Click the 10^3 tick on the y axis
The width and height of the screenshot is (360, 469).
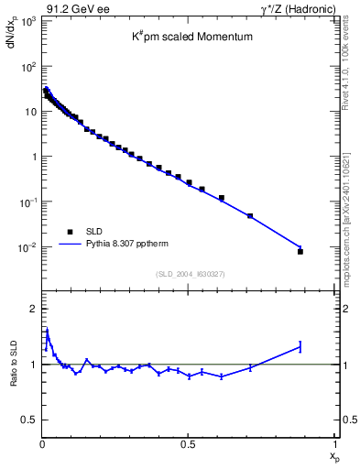click(x=27, y=21)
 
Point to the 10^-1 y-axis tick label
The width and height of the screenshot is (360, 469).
click(x=27, y=202)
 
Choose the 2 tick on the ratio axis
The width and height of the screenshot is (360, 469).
click(x=34, y=309)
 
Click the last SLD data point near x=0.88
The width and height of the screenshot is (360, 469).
click(x=300, y=251)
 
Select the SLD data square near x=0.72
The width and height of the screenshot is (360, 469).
click(x=250, y=216)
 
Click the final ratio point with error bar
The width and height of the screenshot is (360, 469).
click(x=300, y=346)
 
